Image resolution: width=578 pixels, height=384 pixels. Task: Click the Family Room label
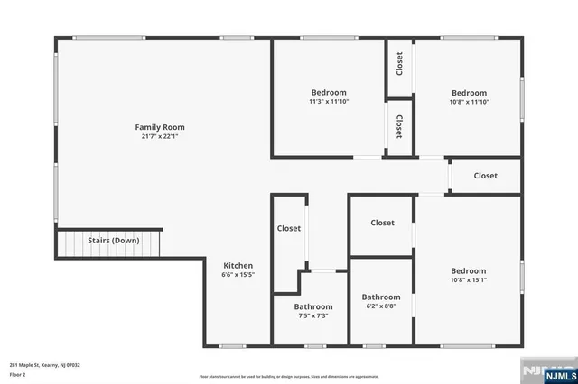click(x=160, y=127)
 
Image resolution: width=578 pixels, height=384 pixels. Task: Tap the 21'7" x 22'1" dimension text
click(x=160, y=137)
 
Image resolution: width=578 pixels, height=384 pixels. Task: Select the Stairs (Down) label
click(x=113, y=241)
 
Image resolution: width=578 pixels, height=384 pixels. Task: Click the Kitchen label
click(x=238, y=265)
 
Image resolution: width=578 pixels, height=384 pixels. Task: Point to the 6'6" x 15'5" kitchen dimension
click(x=238, y=275)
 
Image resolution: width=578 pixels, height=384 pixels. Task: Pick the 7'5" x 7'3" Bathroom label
click(x=313, y=306)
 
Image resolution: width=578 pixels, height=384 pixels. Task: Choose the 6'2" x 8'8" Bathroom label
click(x=381, y=297)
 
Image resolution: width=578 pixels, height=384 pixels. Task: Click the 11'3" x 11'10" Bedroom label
click(x=329, y=92)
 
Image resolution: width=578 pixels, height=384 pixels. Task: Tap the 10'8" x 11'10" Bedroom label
click(x=469, y=92)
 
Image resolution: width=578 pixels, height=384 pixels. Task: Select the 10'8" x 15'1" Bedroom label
click(x=469, y=270)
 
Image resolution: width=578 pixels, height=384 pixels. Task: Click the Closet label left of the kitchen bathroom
click(x=289, y=228)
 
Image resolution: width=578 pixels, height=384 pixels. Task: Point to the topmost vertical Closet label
click(x=399, y=64)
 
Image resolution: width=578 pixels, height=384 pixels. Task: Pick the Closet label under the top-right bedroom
click(x=485, y=176)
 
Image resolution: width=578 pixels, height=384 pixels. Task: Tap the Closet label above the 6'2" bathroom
click(x=382, y=223)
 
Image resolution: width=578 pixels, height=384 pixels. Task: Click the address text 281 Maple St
click(x=45, y=365)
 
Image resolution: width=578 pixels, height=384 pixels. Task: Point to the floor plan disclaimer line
click(x=289, y=376)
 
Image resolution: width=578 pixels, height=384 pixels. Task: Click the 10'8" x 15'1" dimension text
click(x=469, y=279)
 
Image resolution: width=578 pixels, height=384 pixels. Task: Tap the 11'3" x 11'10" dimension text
click(x=329, y=101)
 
